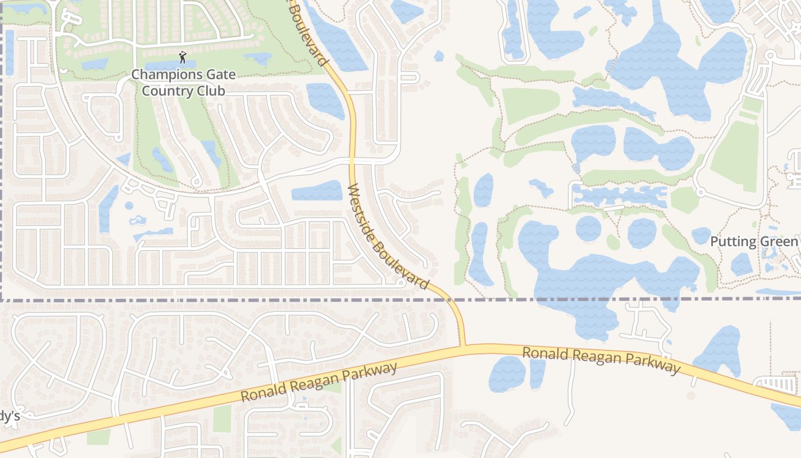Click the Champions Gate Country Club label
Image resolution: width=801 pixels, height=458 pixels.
pos(183,82)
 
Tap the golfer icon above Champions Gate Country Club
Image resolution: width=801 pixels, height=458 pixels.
pos(183,57)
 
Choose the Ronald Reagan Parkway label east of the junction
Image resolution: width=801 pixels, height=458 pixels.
pos(601,359)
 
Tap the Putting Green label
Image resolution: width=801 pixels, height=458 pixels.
pos(754,242)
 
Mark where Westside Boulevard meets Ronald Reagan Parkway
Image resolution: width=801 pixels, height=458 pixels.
pos(462,346)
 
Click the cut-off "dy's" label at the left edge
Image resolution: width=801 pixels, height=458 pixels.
pos(10,416)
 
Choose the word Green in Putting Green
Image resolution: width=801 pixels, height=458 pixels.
pos(782,242)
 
